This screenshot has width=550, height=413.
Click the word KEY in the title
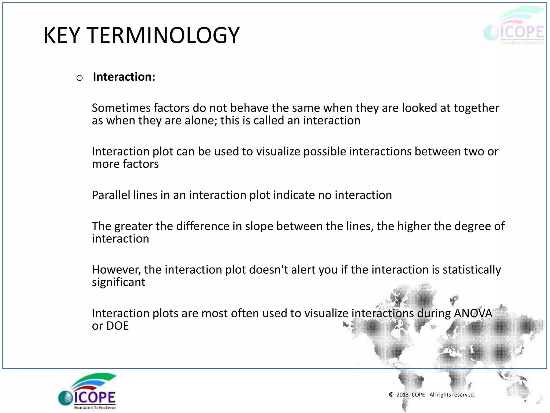point(62,35)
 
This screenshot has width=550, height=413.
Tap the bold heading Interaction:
point(124,77)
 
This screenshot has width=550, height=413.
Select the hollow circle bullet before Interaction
point(79,78)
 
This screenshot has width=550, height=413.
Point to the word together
point(476,108)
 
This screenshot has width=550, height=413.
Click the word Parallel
point(111,195)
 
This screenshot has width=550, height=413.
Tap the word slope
point(259,226)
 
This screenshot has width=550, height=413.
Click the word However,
point(116,270)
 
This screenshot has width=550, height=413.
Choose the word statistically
point(472,270)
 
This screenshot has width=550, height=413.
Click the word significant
point(118,282)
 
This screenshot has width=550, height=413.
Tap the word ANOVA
point(473,313)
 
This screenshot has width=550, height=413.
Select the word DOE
point(118,326)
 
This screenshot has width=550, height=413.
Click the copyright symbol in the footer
point(391,394)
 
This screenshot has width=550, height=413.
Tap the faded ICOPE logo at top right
point(514,27)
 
